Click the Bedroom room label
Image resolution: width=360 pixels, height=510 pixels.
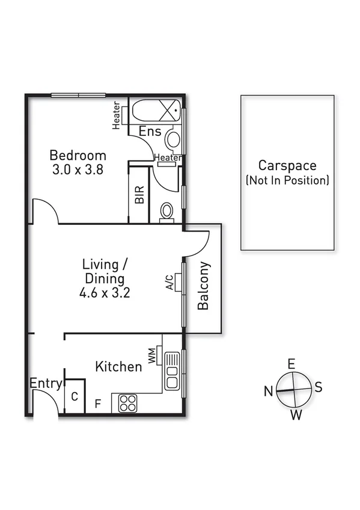pos(78,155)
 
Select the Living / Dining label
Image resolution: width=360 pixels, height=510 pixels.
pos(104,271)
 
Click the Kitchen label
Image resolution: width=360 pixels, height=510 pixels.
pos(119,366)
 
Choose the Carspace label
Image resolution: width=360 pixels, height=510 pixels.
pos(287,165)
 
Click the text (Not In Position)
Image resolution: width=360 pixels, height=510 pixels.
pos(287,180)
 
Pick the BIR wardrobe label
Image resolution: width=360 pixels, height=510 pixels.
pos(139,194)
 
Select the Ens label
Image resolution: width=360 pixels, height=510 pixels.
pos(150,132)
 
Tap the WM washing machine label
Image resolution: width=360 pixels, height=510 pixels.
pos(153,355)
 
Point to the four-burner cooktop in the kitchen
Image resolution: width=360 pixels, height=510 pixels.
pos(127,402)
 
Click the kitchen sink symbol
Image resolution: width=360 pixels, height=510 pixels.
pos(171,371)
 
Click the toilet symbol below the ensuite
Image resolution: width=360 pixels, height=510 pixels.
pos(166,212)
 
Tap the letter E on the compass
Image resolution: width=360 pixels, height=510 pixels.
pos(291,363)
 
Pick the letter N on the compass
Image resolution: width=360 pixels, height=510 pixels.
pos(267,392)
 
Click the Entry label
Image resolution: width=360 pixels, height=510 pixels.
pos(46,384)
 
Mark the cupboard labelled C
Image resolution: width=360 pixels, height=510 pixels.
pos(74,396)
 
